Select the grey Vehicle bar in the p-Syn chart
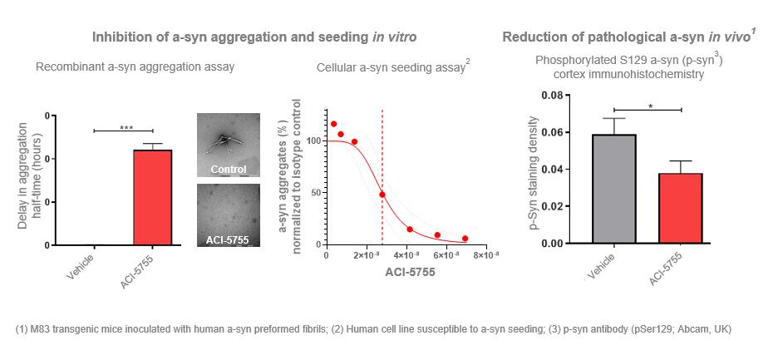614,188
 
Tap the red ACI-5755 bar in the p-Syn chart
680,208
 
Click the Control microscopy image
228,145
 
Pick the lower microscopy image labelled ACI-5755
228,215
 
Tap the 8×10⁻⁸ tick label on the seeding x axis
486,254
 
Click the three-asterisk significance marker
126,127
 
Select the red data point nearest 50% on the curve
382,195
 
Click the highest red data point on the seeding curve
334,124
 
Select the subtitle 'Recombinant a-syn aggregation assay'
135,67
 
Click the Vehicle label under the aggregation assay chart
81,264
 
